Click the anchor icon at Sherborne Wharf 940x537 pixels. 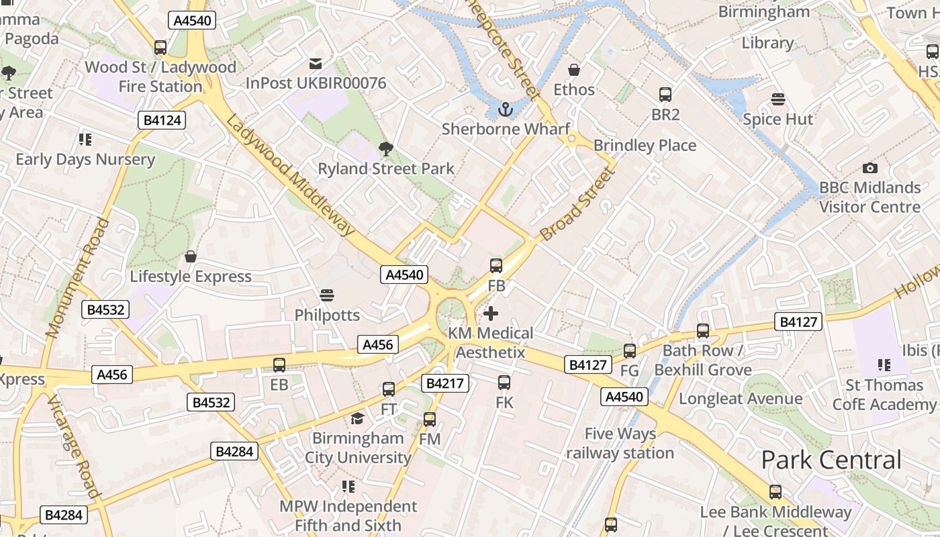(505, 109)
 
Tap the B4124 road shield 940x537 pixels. (161, 121)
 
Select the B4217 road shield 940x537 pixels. (444, 383)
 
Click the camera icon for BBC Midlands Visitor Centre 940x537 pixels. (869, 168)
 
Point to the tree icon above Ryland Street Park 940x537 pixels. (385, 148)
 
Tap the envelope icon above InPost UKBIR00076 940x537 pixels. (315, 64)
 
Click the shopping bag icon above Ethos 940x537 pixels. (574, 70)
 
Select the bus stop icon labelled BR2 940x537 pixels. (665, 95)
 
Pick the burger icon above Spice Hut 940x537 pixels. (778, 99)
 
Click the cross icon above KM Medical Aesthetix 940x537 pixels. (491, 313)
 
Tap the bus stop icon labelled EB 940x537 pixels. (279, 365)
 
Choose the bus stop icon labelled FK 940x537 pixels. (504, 383)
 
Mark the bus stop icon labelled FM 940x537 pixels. (430, 420)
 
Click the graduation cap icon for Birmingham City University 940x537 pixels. (357, 419)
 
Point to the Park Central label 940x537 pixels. (831, 460)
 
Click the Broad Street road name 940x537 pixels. (577, 205)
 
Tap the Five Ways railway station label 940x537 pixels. (620, 443)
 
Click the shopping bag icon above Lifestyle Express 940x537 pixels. (191, 257)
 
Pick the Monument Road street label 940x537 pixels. (77, 277)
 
